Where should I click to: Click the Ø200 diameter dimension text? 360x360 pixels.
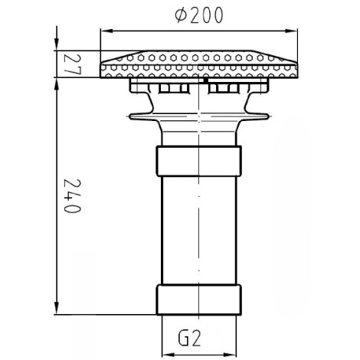pyautogui.click(x=199, y=15)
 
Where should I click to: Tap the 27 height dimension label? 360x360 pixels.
pyautogui.click(x=73, y=64)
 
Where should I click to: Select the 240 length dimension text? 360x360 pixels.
pyautogui.click(x=73, y=196)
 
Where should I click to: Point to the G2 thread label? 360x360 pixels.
pyautogui.click(x=189, y=339)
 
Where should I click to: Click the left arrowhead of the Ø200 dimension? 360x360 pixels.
pyautogui.click(x=106, y=31)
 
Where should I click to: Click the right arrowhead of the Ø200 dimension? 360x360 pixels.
pyautogui.click(x=291, y=31)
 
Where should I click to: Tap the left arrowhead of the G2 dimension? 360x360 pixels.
pyautogui.click(x=169, y=355)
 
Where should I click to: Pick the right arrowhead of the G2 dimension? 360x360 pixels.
pyautogui.click(x=230, y=355)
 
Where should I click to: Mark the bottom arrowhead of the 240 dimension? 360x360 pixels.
pyautogui.click(x=57, y=308)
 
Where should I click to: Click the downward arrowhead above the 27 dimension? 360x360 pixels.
pyautogui.click(x=57, y=44)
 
